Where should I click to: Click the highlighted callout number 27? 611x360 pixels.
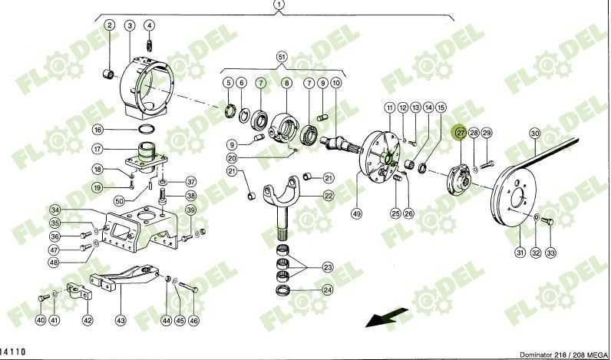(461, 133)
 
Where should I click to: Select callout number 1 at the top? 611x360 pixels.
(279, 5)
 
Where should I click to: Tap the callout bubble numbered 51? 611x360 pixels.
(281, 58)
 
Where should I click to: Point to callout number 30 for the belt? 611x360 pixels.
(535, 133)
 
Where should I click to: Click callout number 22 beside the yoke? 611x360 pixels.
(328, 196)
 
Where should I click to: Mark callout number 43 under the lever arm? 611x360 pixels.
(121, 320)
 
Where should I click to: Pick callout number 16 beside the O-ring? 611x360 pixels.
(119, 129)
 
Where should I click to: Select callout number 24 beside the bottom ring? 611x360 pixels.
(328, 290)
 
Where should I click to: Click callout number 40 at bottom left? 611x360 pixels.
(40, 319)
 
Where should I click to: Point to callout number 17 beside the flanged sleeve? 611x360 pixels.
(119, 149)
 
